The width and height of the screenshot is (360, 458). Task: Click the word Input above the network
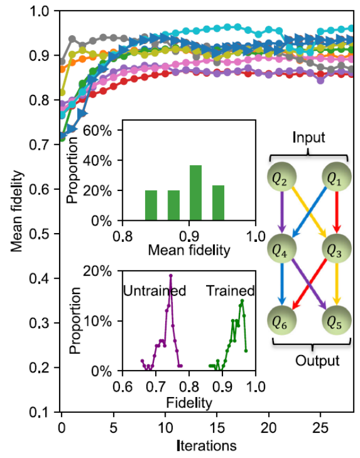click(x=310, y=138)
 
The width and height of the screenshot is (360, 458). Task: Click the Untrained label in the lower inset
click(x=154, y=290)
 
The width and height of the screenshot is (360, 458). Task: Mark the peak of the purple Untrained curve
click(x=171, y=275)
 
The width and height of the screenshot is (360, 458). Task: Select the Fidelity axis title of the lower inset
click(x=189, y=403)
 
